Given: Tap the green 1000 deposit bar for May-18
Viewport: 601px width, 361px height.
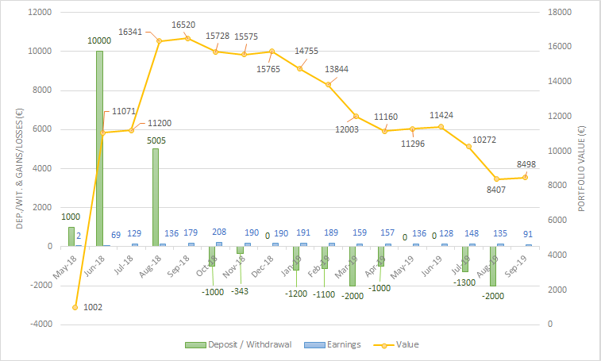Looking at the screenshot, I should [71, 236].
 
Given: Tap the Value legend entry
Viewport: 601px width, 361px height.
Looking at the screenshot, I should [403, 344].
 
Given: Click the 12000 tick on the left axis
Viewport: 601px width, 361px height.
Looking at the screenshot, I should [40, 13].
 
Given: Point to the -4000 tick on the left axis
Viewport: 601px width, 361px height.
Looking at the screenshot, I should [40, 325].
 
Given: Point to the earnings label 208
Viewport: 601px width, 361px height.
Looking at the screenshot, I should [219, 232].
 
